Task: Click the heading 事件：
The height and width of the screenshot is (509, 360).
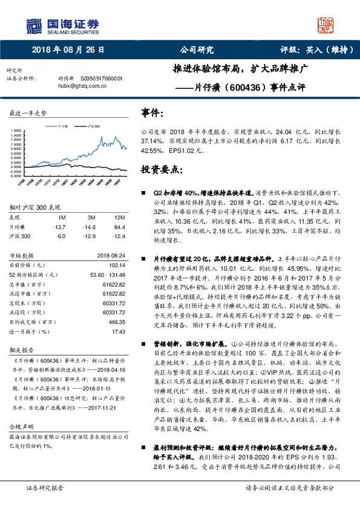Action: pyautogui.click(x=152, y=112)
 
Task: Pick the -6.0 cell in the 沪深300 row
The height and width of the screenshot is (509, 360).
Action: pyautogui.click(x=60, y=236)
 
